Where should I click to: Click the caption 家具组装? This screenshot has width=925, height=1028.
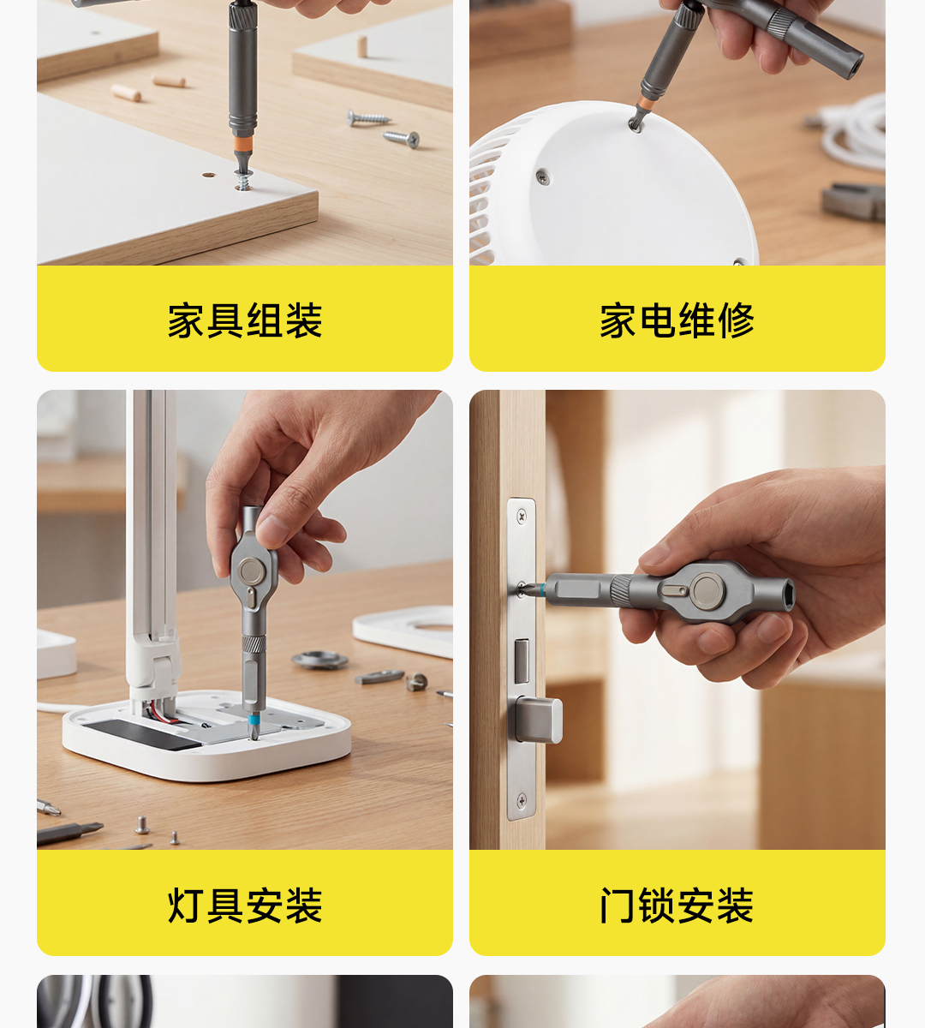[x=245, y=320]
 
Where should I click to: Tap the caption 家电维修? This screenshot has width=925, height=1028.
[x=677, y=320]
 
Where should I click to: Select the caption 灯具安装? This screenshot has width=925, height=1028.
[x=245, y=905]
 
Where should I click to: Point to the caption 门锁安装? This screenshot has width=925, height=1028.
[x=677, y=905]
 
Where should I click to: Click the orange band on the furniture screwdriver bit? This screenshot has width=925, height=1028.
[x=242, y=144]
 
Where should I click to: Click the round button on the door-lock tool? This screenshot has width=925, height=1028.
[x=707, y=591]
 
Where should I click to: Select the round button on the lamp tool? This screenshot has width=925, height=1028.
[x=252, y=571]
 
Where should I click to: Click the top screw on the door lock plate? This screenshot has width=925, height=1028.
[x=522, y=516]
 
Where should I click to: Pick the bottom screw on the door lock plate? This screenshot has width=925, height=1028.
[x=522, y=800]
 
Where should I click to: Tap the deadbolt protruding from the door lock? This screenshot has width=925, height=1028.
[x=538, y=719]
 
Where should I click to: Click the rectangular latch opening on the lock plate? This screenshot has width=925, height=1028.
[x=522, y=661]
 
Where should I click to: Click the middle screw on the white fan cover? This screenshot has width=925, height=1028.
[x=543, y=178]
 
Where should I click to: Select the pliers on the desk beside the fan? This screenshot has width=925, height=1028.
[x=854, y=201]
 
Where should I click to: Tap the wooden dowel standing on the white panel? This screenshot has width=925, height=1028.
[x=362, y=46]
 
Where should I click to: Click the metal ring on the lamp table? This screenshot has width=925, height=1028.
[x=319, y=660]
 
